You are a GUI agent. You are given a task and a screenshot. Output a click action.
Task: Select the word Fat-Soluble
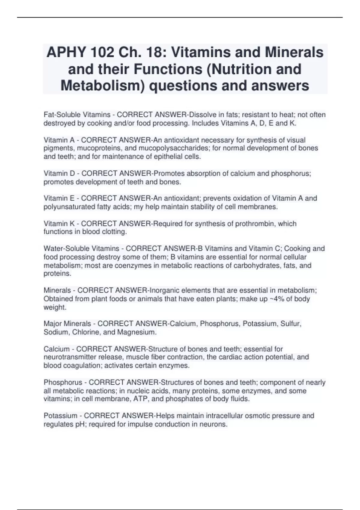62,115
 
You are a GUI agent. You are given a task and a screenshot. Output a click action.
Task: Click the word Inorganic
164,290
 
